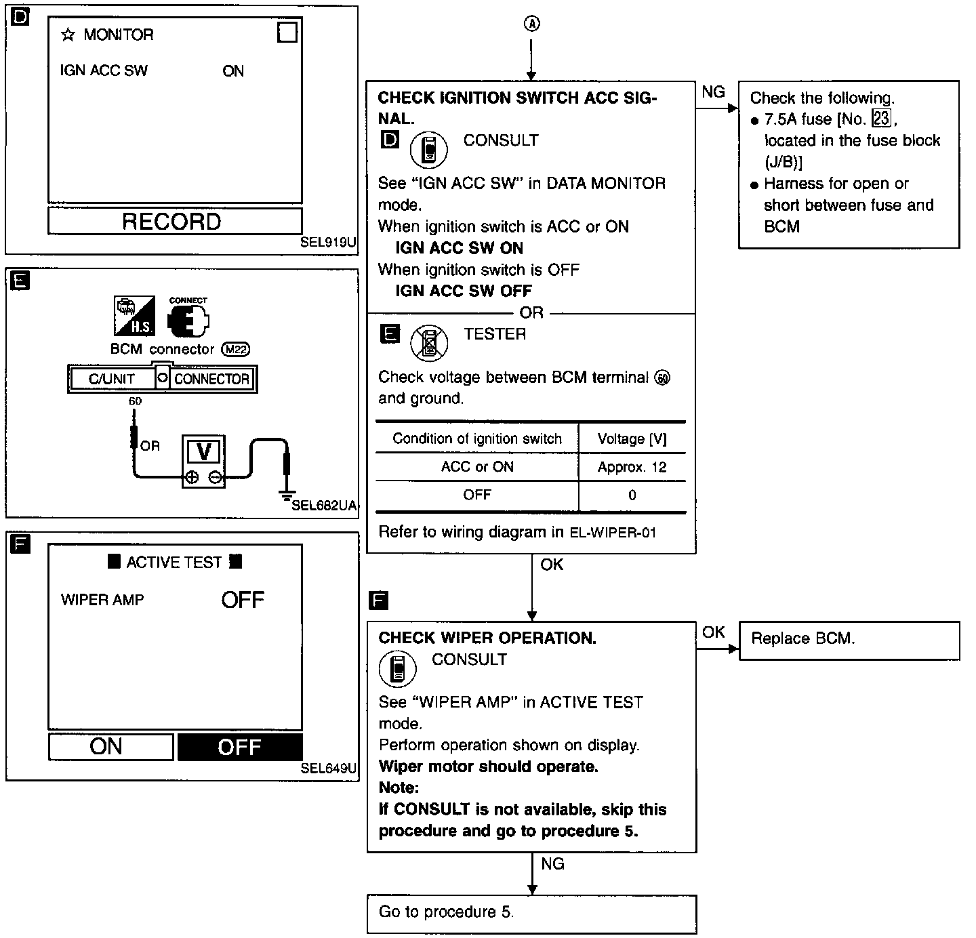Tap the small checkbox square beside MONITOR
(287, 33)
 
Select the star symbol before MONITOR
(67, 35)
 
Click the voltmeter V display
(203, 451)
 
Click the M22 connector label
(236, 350)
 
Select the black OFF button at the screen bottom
(240, 747)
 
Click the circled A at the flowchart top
(532, 24)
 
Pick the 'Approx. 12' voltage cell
(632, 467)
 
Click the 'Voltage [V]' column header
(632, 439)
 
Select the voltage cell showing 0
(632, 495)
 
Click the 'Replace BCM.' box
(849, 639)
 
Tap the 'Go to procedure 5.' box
(531, 913)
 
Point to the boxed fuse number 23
(881, 119)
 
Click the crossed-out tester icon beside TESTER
(429, 342)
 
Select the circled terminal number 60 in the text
(662, 378)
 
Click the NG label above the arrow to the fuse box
(713, 92)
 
